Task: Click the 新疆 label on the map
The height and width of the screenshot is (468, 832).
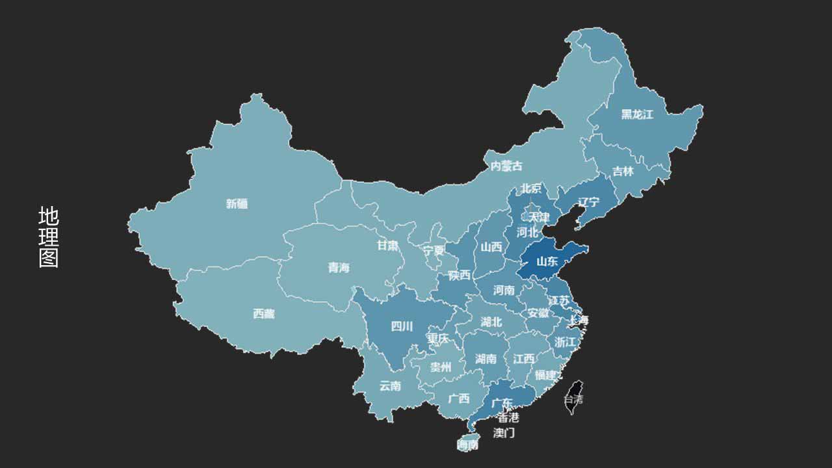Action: [x=237, y=203]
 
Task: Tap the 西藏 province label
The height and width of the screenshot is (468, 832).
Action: [x=263, y=314]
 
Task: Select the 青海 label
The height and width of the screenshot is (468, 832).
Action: [x=338, y=267]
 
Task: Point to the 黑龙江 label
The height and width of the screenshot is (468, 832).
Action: [x=636, y=114]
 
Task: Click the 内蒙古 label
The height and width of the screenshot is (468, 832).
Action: [x=506, y=166]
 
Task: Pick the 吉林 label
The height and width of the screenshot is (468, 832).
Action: [x=623, y=172]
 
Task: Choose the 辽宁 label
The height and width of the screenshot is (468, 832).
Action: [x=588, y=202]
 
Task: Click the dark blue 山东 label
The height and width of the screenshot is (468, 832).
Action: [x=547, y=262]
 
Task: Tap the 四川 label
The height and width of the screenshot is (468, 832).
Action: [x=401, y=326]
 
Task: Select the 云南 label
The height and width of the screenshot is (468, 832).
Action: [x=390, y=385]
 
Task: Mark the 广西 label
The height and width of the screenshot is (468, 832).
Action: [x=459, y=398]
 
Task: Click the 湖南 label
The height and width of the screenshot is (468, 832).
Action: [x=486, y=359]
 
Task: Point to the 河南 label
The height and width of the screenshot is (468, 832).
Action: [x=504, y=290]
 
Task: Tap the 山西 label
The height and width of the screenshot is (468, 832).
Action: [x=491, y=247]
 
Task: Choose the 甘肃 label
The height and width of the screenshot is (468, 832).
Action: [x=388, y=245]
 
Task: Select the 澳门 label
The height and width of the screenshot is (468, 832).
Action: [x=504, y=433]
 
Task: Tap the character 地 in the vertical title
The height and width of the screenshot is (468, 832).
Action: [x=49, y=216]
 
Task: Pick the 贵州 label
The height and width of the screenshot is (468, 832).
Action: [x=440, y=367]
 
